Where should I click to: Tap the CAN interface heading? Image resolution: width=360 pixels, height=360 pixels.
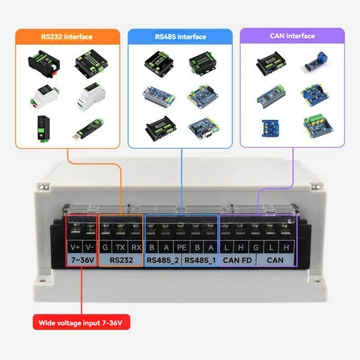(x=292, y=36)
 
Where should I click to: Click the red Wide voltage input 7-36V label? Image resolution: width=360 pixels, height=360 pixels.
(x=81, y=323)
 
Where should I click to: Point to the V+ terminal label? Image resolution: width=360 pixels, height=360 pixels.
(x=75, y=247)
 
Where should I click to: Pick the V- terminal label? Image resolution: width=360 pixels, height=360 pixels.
(x=90, y=247)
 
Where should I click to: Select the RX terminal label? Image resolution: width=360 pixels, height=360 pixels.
(x=135, y=247)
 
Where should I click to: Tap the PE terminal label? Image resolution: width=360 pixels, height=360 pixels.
(x=181, y=247)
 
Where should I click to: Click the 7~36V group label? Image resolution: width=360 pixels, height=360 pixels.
(x=81, y=260)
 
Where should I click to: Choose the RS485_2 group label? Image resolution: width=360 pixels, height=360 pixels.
(x=162, y=260)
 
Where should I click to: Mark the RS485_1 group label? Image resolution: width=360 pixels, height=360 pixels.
(x=200, y=260)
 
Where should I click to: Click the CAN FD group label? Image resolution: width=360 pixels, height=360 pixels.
(x=237, y=260)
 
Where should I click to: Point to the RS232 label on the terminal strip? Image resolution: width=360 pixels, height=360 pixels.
(x=121, y=260)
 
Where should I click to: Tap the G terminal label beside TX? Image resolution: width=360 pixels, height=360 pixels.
(x=105, y=247)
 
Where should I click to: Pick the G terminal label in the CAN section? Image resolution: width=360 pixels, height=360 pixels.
(x=256, y=247)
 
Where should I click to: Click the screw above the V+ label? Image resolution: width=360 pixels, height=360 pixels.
(x=75, y=231)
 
